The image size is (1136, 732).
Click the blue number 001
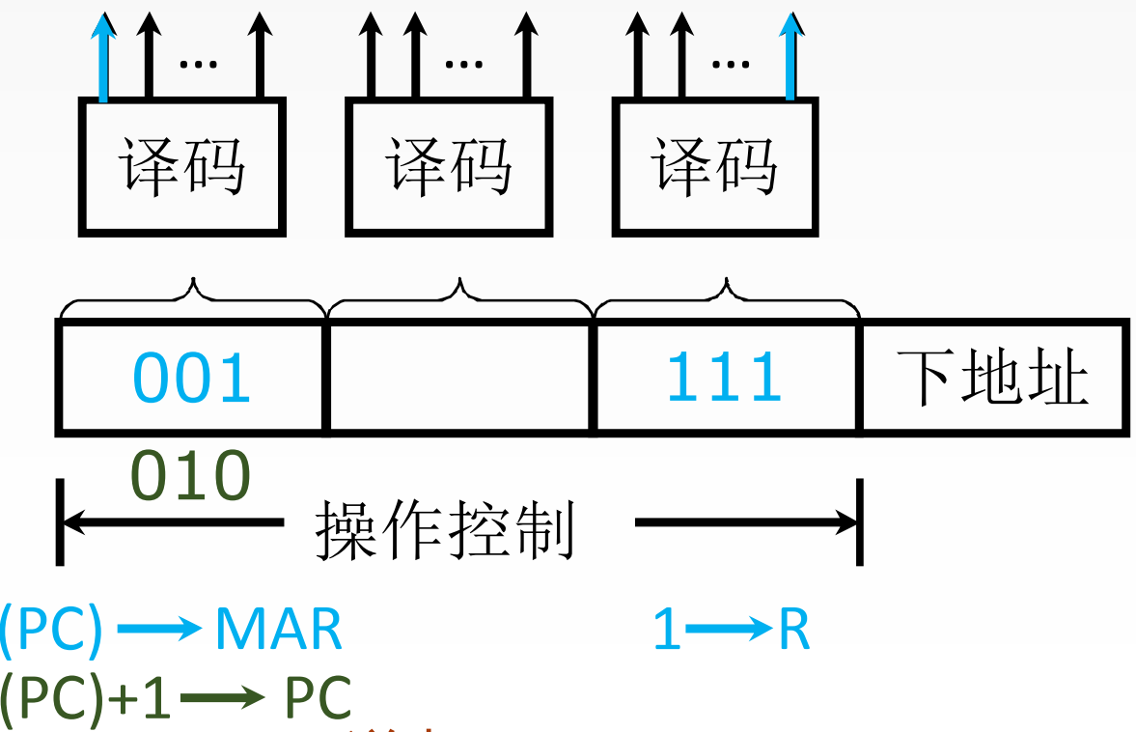click(x=192, y=377)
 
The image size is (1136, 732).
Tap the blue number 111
click(x=724, y=377)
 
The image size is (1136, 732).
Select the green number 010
click(x=190, y=476)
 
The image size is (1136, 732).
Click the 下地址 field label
click(x=992, y=377)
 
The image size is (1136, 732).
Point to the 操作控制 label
click(x=445, y=530)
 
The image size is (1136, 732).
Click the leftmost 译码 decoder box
click(x=181, y=167)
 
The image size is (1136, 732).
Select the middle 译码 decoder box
click(x=449, y=167)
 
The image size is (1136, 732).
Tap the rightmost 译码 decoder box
click(x=715, y=167)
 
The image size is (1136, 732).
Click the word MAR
click(x=278, y=631)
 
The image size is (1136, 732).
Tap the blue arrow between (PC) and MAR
click(x=158, y=631)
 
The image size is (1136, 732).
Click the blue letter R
click(x=793, y=631)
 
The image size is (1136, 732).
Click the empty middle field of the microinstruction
click(x=459, y=377)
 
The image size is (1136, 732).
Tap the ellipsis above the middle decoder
click(x=463, y=65)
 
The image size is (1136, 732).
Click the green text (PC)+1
click(x=85, y=697)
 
